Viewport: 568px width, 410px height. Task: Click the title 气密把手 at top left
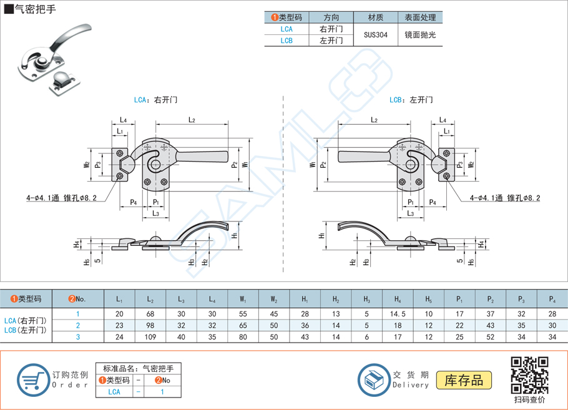coord(32,9)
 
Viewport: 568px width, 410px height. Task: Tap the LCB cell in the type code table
coord(286,41)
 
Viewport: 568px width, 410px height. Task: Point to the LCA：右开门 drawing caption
coord(156,100)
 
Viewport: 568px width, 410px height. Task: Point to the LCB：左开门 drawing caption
coord(411,100)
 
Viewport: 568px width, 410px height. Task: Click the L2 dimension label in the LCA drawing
coord(192,120)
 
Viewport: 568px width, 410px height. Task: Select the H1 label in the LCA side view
coord(233,235)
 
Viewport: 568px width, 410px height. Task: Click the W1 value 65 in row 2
coord(242,326)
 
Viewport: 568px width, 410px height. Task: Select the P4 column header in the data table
coord(552,300)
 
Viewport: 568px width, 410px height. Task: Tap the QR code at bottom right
coord(529,374)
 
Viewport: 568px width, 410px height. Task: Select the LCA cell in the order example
coord(114,392)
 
